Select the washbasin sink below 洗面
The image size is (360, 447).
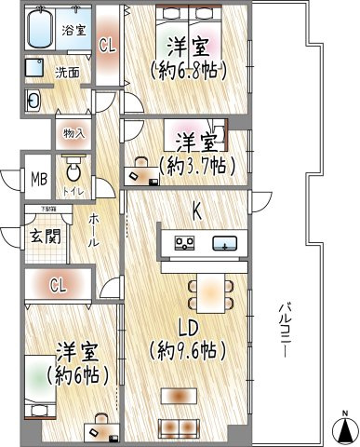[34, 101]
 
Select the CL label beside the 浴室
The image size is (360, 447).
[108, 43]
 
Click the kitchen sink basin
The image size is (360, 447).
[224, 245]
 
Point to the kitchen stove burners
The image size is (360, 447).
[184, 245]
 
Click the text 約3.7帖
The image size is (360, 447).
[196, 166]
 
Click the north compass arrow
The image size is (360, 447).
[343, 427]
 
